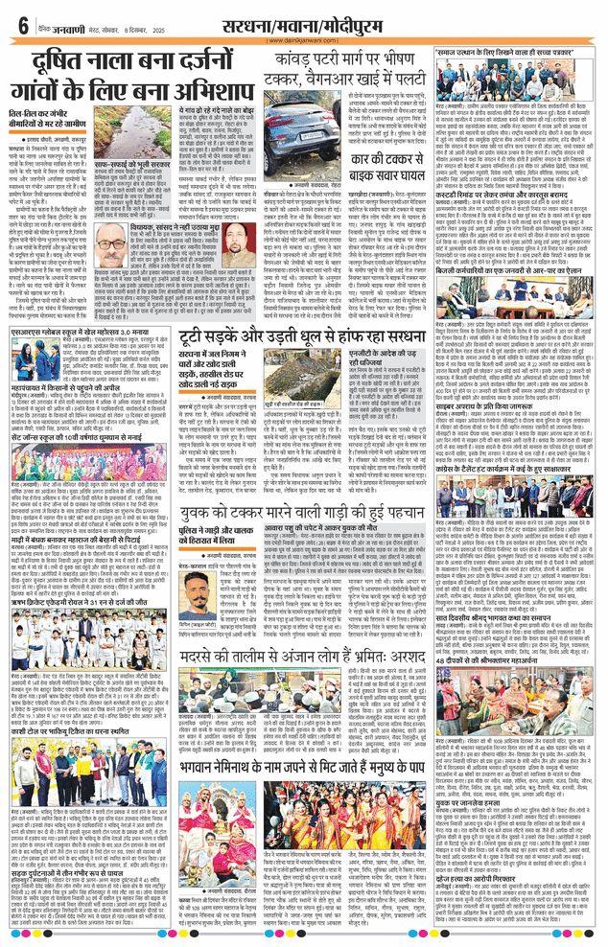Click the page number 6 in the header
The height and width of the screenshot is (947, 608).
[x=21, y=27]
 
